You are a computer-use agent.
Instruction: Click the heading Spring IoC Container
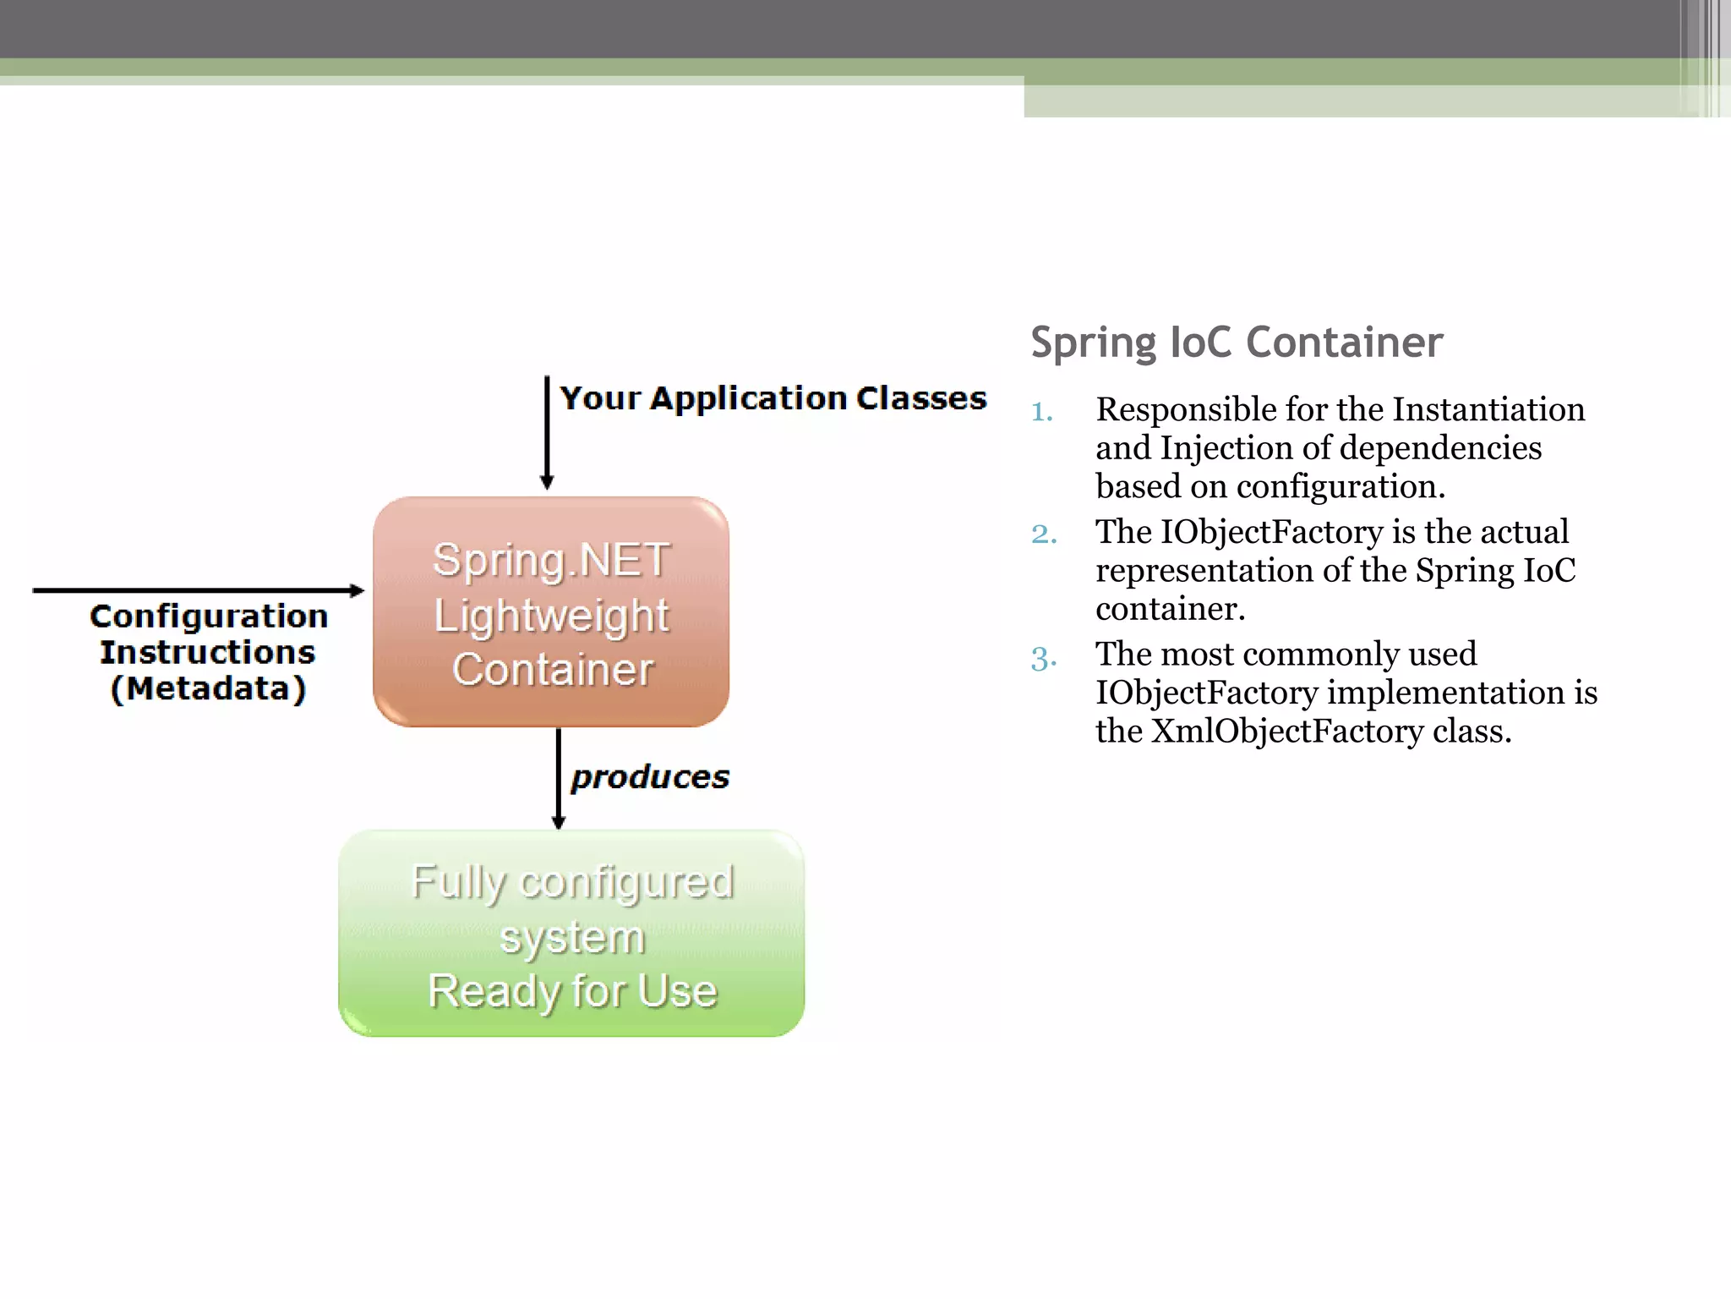click(1237, 343)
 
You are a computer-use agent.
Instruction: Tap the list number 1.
click(1041, 412)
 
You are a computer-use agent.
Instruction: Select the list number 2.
click(1044, 534)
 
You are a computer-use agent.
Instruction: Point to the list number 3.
click(1043, 657)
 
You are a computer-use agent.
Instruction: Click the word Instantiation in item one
click(1488, 409)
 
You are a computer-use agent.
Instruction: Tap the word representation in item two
click(1204, 571)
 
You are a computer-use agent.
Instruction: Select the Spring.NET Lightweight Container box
click(551, 611)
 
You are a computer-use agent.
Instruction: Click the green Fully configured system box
click(571, 934)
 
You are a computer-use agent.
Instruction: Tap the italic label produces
click(649, 777)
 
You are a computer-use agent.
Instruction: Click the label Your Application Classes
click(773, 397)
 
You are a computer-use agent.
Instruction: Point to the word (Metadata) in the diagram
click(208, 688)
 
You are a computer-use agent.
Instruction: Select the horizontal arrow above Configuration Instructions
click(199, 590)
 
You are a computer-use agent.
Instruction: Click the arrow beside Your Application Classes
click(547, 432)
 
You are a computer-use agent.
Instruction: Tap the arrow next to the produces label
click(558, 778)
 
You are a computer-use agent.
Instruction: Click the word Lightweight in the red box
click(551, 616)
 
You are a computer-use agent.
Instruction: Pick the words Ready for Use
click(572, 991)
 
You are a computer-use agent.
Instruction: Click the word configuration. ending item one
click(1341, 487)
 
